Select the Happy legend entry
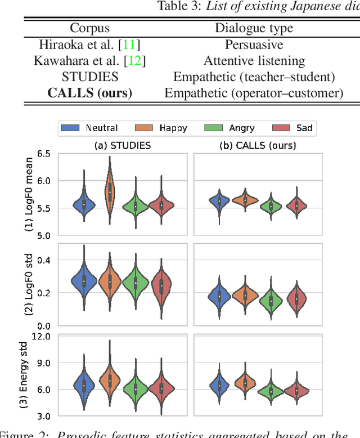tap(163, 128)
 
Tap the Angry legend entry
tap(231, 128)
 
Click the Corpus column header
tap(89, 28)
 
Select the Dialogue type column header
tap(254, 28)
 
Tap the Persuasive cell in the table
tap(254, 44)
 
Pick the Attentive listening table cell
tap(254, 60)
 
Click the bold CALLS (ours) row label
tap(90, 93)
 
